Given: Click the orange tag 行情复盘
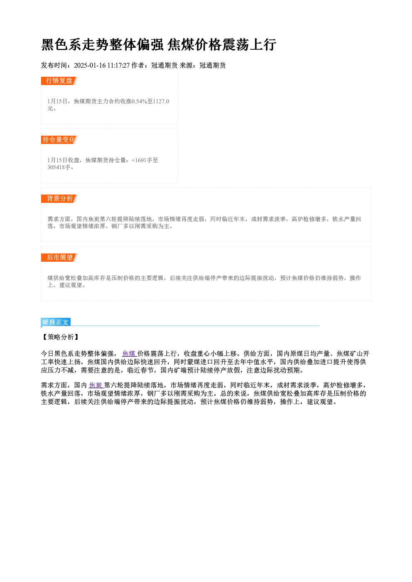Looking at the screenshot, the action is [x=59, y=81].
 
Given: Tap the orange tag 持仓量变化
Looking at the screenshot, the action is [x=59, y=140].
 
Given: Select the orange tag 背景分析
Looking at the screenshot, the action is [x=59, y=199].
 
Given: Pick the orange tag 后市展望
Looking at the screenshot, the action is [x=59, y=258].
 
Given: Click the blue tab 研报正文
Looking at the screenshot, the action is [x=56, y=322].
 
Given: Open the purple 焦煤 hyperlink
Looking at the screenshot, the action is [x=129, y=353].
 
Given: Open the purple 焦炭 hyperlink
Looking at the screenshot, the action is [x=96, y=385].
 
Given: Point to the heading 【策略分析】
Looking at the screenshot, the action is [x=61, y=337].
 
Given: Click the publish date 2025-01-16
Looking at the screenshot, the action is [x=90, y=66].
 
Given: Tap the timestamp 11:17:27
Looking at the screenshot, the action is [x=118, y=66].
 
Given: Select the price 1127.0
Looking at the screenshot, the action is [x=161, y=101].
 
